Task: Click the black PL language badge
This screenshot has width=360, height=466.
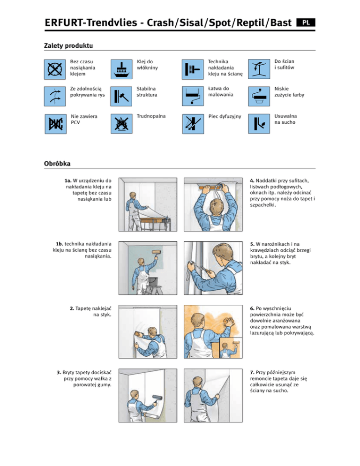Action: (306, 23)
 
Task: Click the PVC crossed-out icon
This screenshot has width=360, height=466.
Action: (56, 124)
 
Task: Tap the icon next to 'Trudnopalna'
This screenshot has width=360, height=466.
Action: (121, 124)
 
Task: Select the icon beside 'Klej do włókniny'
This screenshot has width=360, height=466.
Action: (121, 69)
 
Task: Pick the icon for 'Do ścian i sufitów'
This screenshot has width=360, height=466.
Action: (259, 69)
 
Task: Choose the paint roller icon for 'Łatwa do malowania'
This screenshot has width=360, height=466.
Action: (193, 96)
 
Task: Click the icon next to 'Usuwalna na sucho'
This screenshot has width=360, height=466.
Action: (259, 124)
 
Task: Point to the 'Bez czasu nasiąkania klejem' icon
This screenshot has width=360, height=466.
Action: (55, 69)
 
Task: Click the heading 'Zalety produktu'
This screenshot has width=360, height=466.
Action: (68, 45)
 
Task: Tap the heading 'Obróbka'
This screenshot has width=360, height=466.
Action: (57, 164)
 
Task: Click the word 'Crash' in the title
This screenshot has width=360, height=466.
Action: (160, 23)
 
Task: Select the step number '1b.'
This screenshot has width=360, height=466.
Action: (60, 244)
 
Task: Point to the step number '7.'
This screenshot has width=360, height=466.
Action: (252, 372)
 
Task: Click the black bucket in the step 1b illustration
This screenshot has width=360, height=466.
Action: (153, 281)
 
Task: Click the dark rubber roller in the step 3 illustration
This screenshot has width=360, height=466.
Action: (157, 398)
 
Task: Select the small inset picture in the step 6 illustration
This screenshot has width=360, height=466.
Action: (231, 348)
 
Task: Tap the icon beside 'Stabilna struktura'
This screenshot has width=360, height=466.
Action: (121, 96)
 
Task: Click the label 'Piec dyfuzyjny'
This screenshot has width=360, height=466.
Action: (225, 116)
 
